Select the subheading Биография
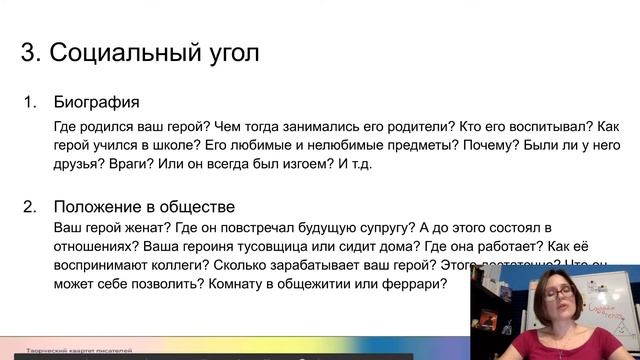coord(97,103)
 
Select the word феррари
coord(411,285)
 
